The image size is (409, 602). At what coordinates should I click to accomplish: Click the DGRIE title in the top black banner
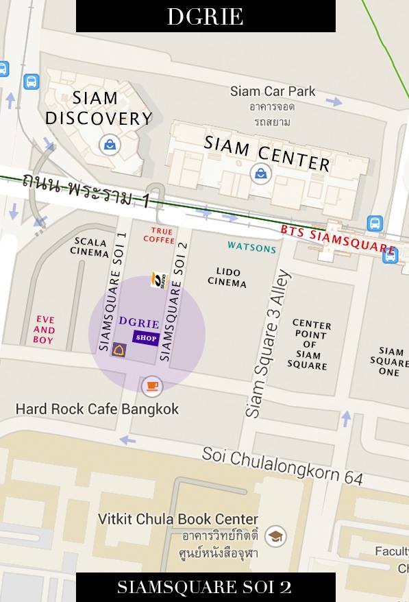[x=205, y=16]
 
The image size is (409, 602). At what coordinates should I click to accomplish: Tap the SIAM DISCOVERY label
[x=99, y=108]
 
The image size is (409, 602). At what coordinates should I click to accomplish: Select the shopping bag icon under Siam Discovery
[x=109, y=144]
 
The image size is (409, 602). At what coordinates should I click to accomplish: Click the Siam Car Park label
[x=273, y=91]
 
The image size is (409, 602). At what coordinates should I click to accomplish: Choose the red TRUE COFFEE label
[x=158, y=236]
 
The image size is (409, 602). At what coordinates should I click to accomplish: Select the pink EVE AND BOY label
[x=44, y=329]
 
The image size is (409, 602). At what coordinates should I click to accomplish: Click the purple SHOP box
[x=146, y=337]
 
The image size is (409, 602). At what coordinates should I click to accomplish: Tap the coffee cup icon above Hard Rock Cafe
[x=152, y=386]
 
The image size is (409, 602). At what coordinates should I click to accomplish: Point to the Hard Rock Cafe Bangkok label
[x=97, y=409]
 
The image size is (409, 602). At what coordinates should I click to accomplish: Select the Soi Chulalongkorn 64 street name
[x=282, y=466]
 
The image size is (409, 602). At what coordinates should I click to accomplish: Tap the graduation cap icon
[x=275, y=536]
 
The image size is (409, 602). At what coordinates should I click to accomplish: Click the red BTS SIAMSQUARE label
[x=338, y=239]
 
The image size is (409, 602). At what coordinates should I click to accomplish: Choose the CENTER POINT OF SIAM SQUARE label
[x=311, y=345]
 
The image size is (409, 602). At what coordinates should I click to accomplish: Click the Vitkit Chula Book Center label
[x=178, y=519]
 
